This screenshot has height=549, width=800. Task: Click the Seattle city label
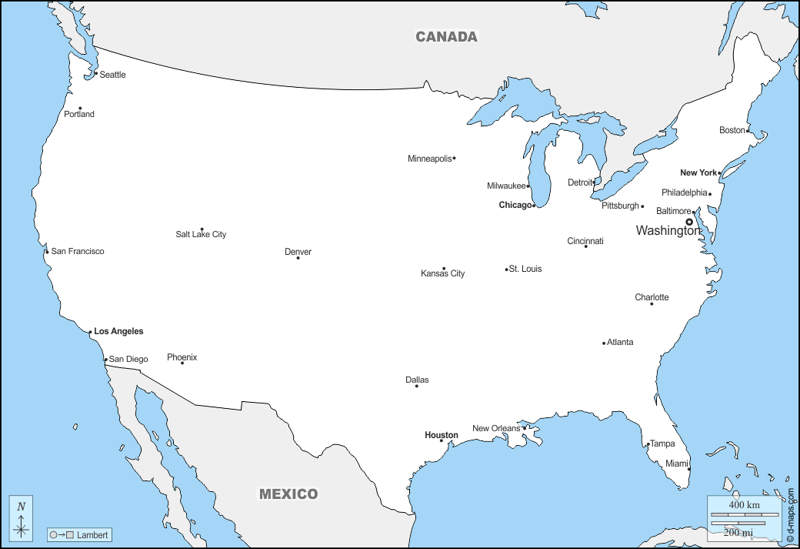click(x=112, y=75)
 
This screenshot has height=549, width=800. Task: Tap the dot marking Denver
click(x=298, y=257)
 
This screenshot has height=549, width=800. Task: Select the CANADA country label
click(x=446, y=36)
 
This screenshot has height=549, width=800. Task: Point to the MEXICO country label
click(x=288, y=494)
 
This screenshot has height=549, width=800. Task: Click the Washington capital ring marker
click(x=689, y=222)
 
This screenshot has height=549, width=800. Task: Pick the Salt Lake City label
click(x=201, y=234)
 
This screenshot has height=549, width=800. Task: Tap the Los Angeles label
click(x=118, y=331)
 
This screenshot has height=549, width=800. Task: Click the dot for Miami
click(x=688, y=469)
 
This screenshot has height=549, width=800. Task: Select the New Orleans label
click(x=496, y=428)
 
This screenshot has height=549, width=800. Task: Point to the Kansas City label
click(x=442, y=273)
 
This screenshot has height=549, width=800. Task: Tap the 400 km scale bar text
click(x=744, y=504)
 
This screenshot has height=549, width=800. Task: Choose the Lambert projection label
click(x=92, y=534)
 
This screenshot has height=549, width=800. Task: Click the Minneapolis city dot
click(x=454, y=159)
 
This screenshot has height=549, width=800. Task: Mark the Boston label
click(x=732, y=130)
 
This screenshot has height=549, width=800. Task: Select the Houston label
click(x=441, y=435)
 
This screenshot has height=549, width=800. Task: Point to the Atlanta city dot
click(x=604, y=343)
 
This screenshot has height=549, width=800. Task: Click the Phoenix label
click(x=182, y=357)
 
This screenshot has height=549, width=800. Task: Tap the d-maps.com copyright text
click(x=790, y=515)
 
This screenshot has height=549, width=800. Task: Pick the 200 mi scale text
click(x=738, y=532)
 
